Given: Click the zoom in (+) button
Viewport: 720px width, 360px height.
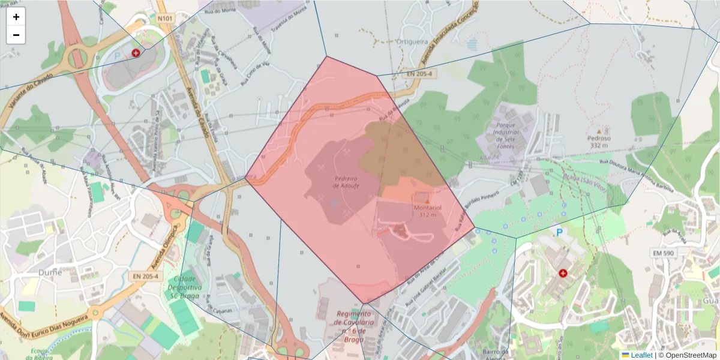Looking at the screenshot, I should point(16,17).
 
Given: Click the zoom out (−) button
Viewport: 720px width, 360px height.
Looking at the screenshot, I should point(16,35).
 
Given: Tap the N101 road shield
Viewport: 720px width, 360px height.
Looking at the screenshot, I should point(165,19).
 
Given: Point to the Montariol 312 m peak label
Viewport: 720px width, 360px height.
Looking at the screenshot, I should point(427,211).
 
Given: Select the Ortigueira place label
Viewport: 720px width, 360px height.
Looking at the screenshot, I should point(412,41).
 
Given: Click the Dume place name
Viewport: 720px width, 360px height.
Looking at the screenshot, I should point(50,272).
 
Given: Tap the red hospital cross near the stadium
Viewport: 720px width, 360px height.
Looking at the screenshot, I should point(136,53).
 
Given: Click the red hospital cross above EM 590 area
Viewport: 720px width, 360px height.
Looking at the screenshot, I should point(563,273).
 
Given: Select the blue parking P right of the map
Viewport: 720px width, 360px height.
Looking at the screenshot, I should point(560,232).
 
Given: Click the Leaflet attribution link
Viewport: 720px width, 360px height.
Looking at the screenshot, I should point(641,355).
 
